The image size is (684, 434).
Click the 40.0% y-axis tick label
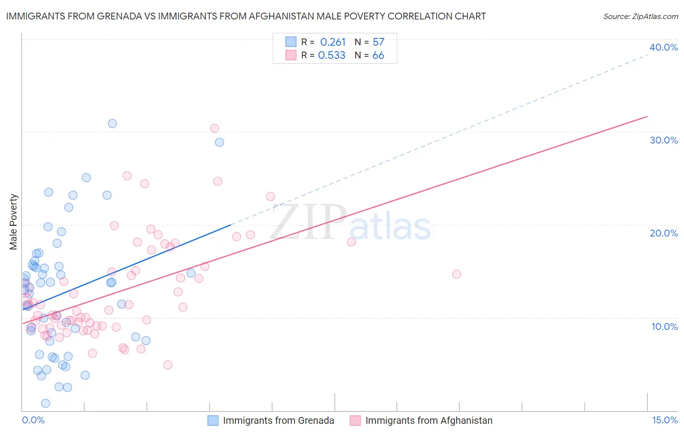[664, 47]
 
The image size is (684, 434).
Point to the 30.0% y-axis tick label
[664, 140]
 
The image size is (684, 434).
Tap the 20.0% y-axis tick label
[664, 233]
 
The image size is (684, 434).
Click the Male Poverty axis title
[14, 222]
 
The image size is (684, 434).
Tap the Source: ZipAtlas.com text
[641, 17]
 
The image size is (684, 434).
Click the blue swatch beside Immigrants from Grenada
[213, 420]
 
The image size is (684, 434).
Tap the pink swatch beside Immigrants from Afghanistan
[355, 420]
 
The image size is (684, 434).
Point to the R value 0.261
[333, 42]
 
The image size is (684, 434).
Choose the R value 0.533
[332, 55]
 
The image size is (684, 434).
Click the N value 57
[378, 42]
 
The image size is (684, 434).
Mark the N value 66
[378, 55]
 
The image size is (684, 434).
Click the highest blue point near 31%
[112, 124]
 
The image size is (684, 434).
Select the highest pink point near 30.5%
[215, 128]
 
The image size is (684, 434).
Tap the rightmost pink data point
[456, 274]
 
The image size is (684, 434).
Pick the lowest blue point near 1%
[46, 403]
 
